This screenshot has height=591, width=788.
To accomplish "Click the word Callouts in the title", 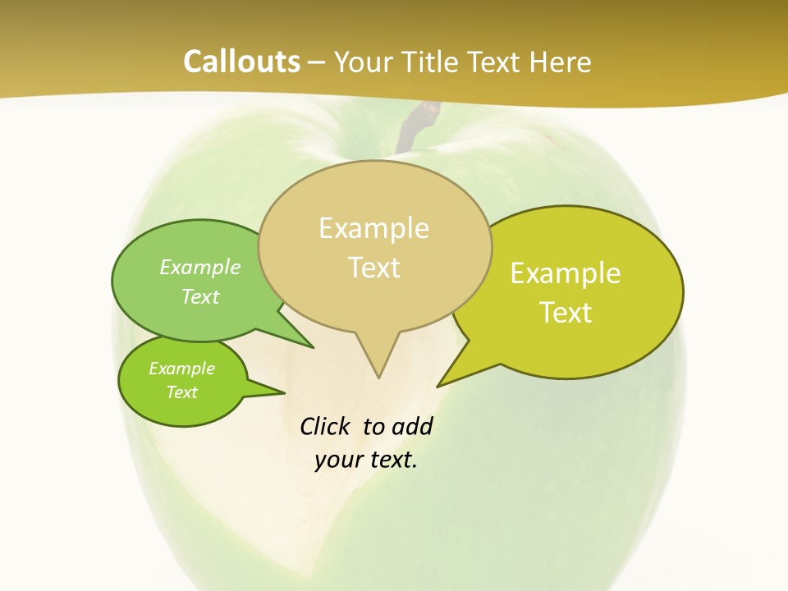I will tap(242, 62).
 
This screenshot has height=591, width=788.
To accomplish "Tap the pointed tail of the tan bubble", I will tap(377, 357).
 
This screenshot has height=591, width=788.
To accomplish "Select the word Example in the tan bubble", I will tap(373, 228).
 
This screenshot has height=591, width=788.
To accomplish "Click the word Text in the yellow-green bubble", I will tap(566, 312).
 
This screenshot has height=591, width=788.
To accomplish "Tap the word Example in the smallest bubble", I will tap(181, 369).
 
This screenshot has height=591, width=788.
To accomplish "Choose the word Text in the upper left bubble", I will tap(199, 296).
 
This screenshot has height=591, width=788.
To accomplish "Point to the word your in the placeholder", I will tap(338, 460).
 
